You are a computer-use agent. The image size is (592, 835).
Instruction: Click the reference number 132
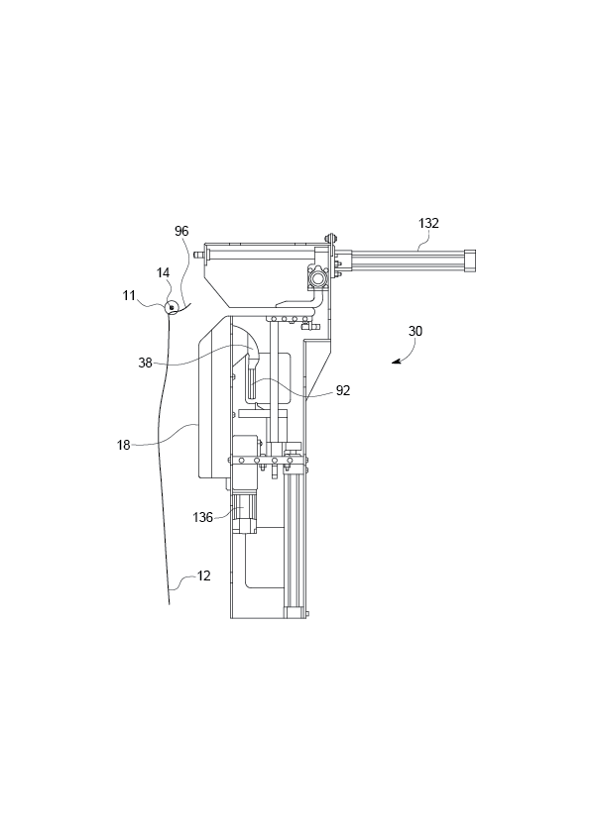tap(428, 224)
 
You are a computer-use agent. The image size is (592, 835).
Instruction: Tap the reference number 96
tap(181, 231)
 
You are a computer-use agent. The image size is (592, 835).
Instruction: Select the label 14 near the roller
tap(162, 271)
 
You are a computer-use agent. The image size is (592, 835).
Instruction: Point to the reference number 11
tap(129, 295)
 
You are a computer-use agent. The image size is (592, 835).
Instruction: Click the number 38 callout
tap(145, 363)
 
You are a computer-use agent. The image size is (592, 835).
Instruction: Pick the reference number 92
tap(342, 390)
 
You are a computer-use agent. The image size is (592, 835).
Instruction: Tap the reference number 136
tap(202, 516)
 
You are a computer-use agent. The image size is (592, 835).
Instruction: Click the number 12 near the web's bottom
tap(202, 575)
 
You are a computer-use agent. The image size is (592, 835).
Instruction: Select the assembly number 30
tap(414, 332)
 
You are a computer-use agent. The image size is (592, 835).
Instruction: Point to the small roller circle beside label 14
tap(172, 307)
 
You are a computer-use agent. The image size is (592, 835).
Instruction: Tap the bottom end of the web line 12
tap(170, 601)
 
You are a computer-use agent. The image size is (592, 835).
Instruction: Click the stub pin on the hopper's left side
tap(198, 256)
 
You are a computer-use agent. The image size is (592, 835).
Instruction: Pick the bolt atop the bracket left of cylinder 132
tap(330, 239)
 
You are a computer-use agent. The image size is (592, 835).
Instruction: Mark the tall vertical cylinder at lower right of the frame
tap(295, 540)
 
